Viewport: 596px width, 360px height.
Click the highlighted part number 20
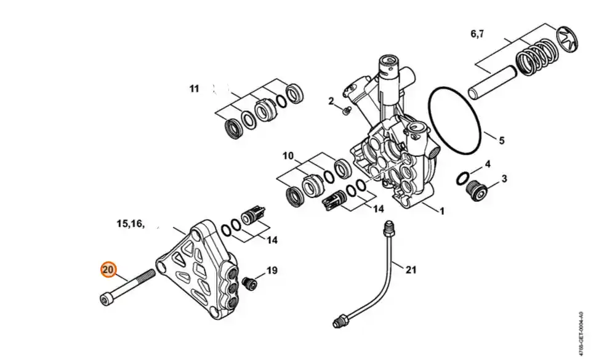tap(108, 270)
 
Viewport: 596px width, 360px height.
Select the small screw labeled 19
tap(249, 282)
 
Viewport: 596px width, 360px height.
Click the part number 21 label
tap(411, 270)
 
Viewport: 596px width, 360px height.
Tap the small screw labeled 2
tap(345, 111)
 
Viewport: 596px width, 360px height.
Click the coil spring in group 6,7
tap(536, 58)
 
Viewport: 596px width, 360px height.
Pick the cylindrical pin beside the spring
tap(493, 83)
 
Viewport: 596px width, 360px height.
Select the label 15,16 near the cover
tap(131, 223)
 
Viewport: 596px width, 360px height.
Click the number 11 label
tap(194, 89)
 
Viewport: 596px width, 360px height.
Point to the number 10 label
tap(288, 156)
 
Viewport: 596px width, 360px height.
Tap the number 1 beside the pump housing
tap(441, 211)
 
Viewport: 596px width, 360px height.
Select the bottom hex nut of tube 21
tap(341, 318)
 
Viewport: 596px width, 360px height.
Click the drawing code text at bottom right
tap(580, 334)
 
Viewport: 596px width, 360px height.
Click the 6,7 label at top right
tap(477, 34)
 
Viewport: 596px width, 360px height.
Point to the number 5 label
tap(502, 140)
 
